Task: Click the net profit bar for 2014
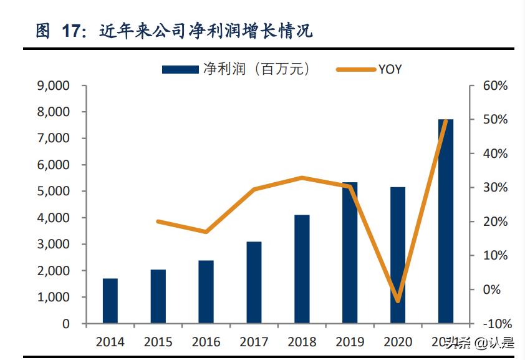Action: point(110,301)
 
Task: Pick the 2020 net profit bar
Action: point(397,255)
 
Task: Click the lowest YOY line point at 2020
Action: point(397,301)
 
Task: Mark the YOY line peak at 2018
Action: point(302,178)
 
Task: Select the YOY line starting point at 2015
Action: point(158,221)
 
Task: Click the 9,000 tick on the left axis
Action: point(54,85)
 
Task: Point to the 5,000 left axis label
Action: point(54,192)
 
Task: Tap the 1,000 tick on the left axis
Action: point(54,298)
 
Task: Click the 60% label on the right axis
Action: point(496,85)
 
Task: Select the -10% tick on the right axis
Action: point(496,324)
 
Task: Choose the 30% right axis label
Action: point(496,188)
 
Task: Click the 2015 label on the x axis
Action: point(158,342)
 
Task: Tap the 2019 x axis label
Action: point(350,342)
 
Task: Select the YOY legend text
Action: point(390,69)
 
